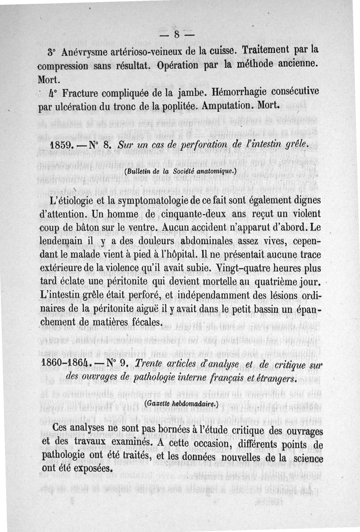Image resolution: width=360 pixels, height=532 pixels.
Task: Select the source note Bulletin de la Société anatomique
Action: pos(180,171)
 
